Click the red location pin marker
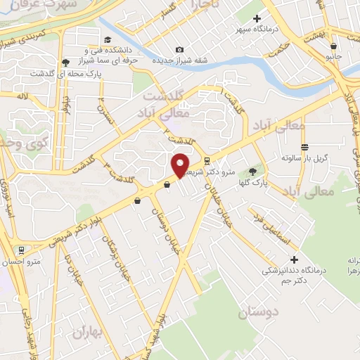[181, 165]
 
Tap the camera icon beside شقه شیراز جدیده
[180, 49]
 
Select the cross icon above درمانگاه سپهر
[257, 18]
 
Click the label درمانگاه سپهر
[257, 30]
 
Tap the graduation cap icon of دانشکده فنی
[108, 39]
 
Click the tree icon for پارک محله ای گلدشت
[65, 61]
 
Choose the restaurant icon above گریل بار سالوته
[304, 147]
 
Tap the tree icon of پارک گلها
[252, 172]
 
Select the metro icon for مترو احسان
[22, 250]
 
